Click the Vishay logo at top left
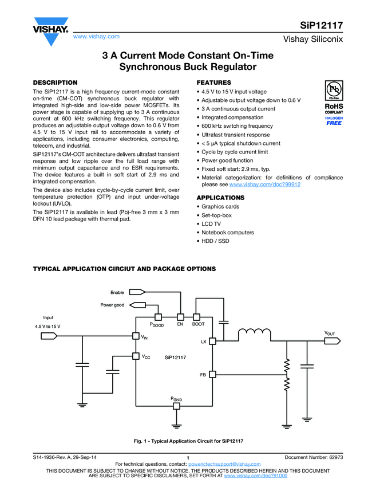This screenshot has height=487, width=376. (x=50, y=32)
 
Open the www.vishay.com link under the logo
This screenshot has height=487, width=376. (x=96, y=37)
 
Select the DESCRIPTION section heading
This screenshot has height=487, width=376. (x=55, y=83)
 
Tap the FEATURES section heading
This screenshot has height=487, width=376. (x=214, y=83)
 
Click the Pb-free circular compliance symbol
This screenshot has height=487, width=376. (x=334, y=91)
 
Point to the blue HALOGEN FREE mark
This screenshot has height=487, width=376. (x=334, y=121)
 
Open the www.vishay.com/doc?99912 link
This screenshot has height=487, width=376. (x=265, y=184)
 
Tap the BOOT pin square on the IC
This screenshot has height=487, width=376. (x=196, y=317)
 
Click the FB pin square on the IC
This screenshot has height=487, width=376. (x=212, y=374)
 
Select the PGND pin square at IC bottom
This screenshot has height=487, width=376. (x=177, y=406)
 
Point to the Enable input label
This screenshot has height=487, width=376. (x=117, y=293)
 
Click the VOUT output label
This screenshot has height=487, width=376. (x=330, y=333)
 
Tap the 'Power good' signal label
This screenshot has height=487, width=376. (x=112, y=305)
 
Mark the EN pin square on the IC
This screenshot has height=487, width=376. (x=180, y=317)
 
